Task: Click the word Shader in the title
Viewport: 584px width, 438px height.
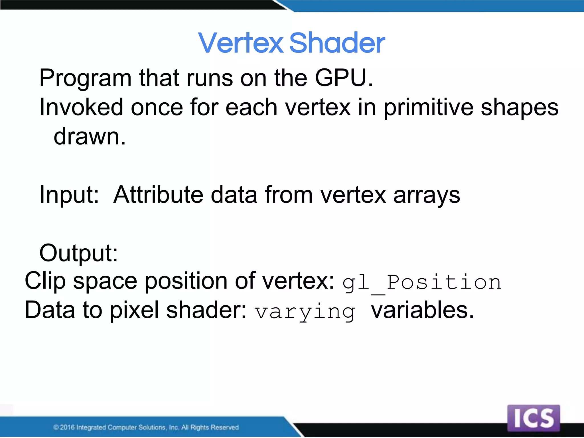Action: [337, 43]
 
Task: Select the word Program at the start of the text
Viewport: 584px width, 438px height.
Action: [85, 78]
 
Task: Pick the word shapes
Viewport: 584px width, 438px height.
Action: [519, 108]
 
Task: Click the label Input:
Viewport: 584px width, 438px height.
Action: [69, 195]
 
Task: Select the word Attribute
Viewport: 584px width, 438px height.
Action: [158, 194]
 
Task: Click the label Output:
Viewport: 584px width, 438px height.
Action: [78, 253]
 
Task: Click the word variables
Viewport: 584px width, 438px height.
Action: [422, 310]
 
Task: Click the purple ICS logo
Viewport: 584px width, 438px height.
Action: [534, 418]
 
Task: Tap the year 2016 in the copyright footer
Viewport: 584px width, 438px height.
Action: [67, 427]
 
